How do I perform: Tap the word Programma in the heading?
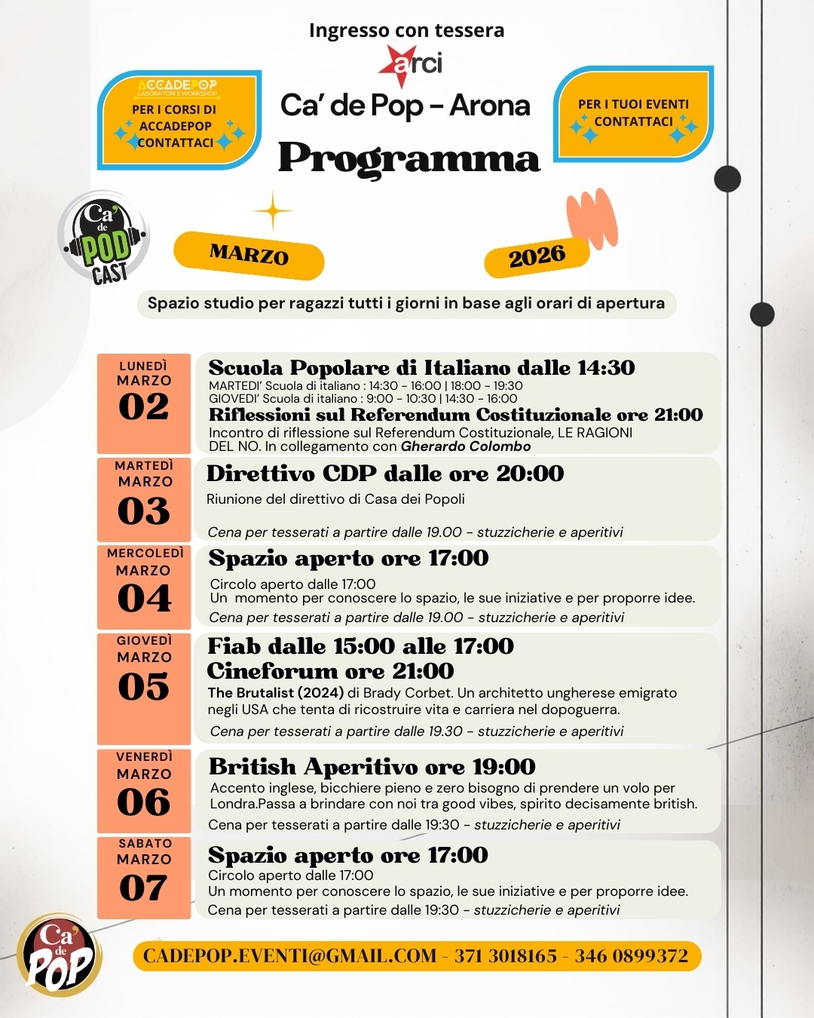409,158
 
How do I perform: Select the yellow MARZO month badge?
249,255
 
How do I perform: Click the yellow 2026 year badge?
537,257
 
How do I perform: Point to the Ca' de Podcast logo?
104,238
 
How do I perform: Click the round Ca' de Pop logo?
60,956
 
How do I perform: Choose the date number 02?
144,407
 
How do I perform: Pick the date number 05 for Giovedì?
144,687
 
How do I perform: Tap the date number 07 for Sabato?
143,888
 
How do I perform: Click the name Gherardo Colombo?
466,446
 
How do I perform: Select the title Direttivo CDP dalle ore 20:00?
385,474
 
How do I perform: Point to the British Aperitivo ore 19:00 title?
372,767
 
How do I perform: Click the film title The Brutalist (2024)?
276,693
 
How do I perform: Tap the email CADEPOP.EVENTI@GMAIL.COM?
289,956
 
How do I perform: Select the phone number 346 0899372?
632,956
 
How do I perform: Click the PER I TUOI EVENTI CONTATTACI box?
633,114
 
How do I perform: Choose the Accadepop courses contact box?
179,120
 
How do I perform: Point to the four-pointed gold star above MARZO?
273,211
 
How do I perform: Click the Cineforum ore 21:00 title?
330,671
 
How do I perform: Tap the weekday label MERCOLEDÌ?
145,553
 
